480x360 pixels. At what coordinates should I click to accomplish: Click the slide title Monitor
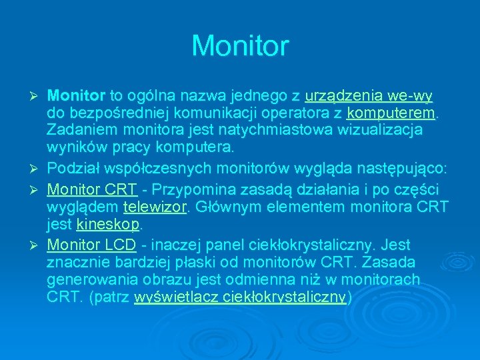click(240, 46)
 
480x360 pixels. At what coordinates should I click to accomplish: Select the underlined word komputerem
click(391, 112)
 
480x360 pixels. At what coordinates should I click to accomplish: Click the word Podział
click(74, 165)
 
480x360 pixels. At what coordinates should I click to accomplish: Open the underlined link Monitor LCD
click(91, 244)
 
